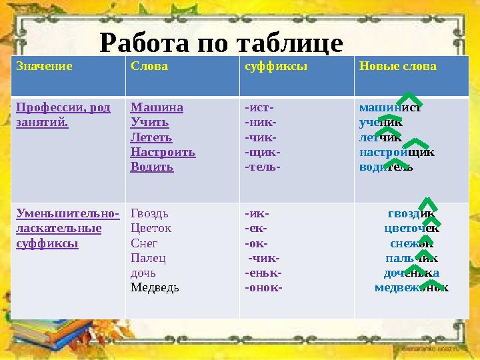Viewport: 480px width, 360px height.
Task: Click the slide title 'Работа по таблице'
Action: [221, 43]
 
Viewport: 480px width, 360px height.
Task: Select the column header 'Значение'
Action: [44, 67]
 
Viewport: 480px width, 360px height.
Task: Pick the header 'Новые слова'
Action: [397, 67]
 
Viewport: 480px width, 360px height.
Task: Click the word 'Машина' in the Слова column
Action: [157, 107]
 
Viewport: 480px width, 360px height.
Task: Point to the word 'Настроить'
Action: [163, 152]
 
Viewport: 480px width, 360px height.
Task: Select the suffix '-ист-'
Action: [259, 107]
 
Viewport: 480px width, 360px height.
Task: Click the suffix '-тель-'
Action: [262, 167]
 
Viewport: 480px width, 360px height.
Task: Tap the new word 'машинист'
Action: [390, 107]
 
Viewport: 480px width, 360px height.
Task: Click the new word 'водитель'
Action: [386, 167]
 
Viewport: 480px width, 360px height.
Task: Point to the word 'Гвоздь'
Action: [149, 214]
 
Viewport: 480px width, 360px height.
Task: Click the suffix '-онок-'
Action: [263, 288]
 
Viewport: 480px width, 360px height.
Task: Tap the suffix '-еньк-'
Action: [263, 273]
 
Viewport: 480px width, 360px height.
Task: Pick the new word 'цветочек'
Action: [411, 229]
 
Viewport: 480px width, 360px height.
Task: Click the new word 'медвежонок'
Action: [411, 288]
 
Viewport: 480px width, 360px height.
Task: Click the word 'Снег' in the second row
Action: [144, 243]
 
